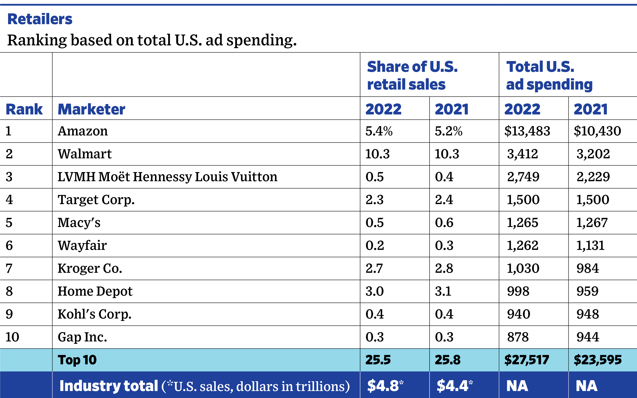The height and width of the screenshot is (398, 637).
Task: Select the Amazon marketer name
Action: (83, 131)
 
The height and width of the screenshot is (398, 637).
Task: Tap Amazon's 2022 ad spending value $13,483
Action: (527, 131)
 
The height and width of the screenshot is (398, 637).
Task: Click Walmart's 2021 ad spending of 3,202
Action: (593, 154)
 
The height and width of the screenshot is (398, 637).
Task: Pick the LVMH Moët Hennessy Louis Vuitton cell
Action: (167, 177)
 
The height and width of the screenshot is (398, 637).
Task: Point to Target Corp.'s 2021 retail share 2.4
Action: (444, 200)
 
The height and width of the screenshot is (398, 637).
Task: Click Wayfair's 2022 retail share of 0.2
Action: (374, 246)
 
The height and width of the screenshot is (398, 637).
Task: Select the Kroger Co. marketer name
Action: (90, 269)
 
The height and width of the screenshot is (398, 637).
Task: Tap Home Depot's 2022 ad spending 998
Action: (518, 291)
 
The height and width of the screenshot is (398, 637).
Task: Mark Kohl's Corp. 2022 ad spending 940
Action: (518, 314)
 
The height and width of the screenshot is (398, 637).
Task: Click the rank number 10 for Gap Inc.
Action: (12, 337)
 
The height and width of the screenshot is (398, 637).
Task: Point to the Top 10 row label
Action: (77, 360)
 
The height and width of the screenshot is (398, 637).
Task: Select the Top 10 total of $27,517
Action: (527, 360)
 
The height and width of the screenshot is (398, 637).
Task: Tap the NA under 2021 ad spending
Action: (586, 386)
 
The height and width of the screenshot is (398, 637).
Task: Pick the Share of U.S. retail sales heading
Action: (412, 75)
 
